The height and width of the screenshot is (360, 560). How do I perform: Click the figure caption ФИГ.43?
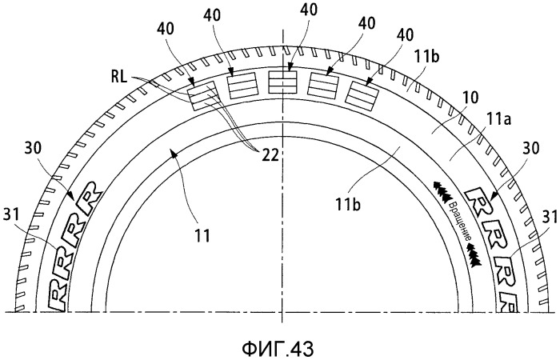click(x=278, y=349)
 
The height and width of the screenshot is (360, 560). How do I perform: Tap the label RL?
click(x=119, y=77)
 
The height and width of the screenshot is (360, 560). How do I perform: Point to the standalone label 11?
click(x=202, y=235)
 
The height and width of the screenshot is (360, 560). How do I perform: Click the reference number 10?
click(x=470, y=98)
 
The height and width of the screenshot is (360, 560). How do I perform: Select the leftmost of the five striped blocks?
click(x=202, y=96)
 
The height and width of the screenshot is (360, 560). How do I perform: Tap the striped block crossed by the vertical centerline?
click(x=282, y=82)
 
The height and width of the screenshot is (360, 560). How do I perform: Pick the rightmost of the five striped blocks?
click(x=363, y=94)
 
